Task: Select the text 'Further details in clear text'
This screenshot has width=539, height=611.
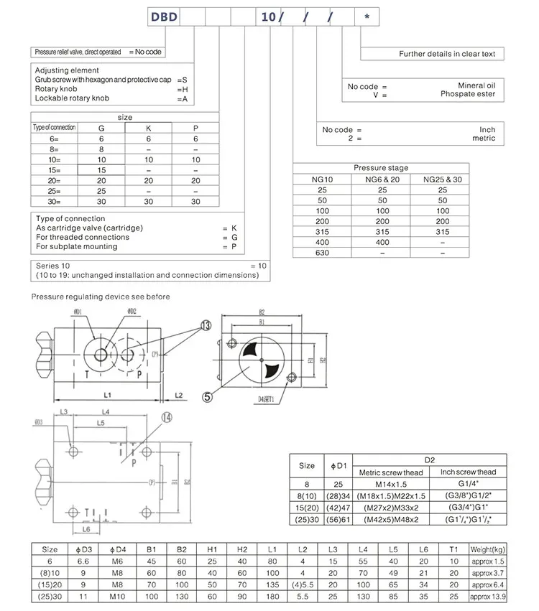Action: (x=447, y=54)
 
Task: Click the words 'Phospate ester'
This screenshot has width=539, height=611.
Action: (x=468, y=94)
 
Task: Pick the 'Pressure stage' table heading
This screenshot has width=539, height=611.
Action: (x=380, y=168)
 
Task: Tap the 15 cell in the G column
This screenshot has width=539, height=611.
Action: (x=101, y=170)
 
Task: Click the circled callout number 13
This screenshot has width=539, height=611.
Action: (x=207, y=325)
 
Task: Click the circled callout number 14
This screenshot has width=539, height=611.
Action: (x=167, y=416)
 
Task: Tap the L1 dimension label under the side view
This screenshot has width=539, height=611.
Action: (x=106, y=396)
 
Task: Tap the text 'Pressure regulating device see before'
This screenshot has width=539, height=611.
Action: (x=101, y=296)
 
